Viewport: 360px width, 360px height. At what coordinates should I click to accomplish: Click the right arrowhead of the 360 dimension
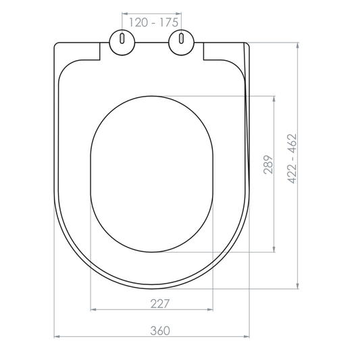(x=247, y=336)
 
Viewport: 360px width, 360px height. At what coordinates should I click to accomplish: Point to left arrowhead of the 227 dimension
(x=93, y=309)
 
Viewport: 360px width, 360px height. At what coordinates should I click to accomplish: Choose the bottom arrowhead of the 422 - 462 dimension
(x=298, y=287)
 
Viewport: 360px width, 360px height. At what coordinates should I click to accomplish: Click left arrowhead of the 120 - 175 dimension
(x=124, y=13)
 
